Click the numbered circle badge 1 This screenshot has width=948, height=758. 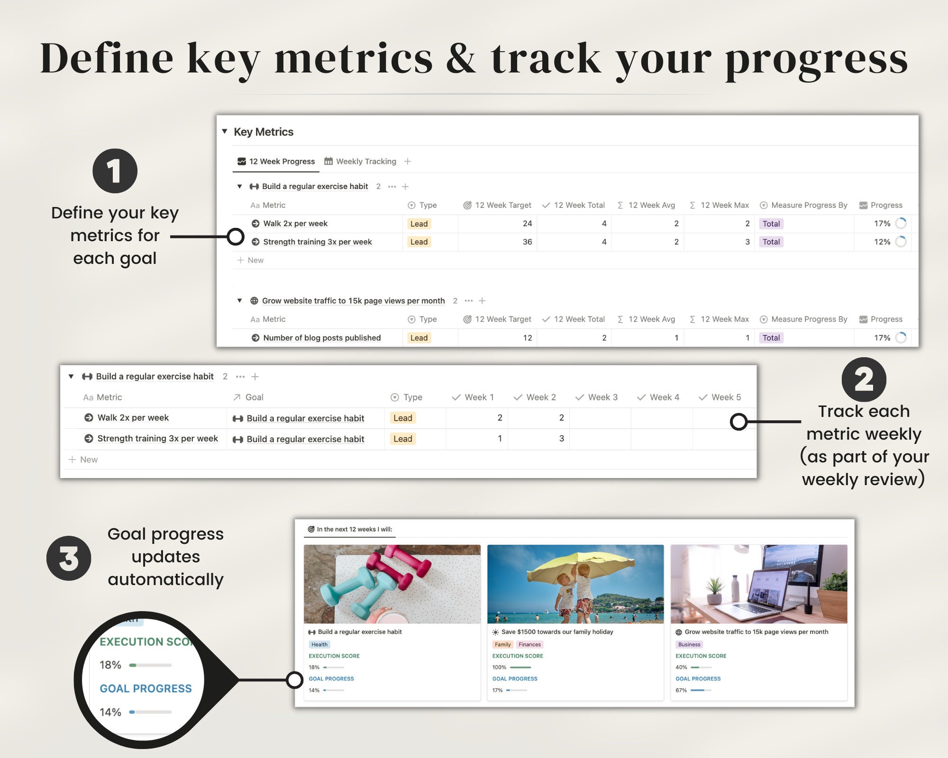point(115,171)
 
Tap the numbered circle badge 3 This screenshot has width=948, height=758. point(69,558)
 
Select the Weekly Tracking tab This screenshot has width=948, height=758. point(360,162)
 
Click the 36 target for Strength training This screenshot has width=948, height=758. point(527,242)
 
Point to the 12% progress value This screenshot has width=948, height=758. point(882,242)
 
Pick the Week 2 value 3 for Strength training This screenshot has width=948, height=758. point(561,439)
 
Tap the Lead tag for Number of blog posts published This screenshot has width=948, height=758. point(419,338)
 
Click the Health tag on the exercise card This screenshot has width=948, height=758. point(319,644)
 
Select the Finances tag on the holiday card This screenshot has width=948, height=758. point(529,644)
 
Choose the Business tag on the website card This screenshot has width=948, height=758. point(689,644)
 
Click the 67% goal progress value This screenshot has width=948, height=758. point(681,690)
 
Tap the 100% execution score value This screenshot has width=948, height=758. point(499,668)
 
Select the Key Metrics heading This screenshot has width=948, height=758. point(264,132)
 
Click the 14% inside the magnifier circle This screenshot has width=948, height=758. point(110,712)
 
